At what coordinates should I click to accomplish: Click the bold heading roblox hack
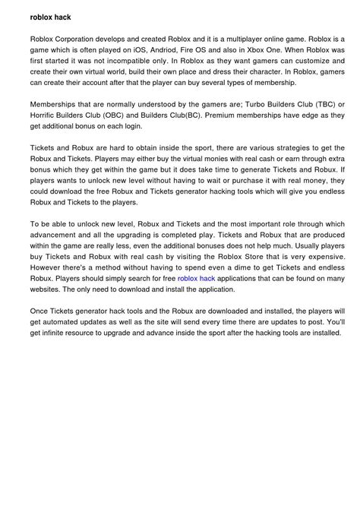51,16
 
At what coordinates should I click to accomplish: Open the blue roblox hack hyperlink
197,280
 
